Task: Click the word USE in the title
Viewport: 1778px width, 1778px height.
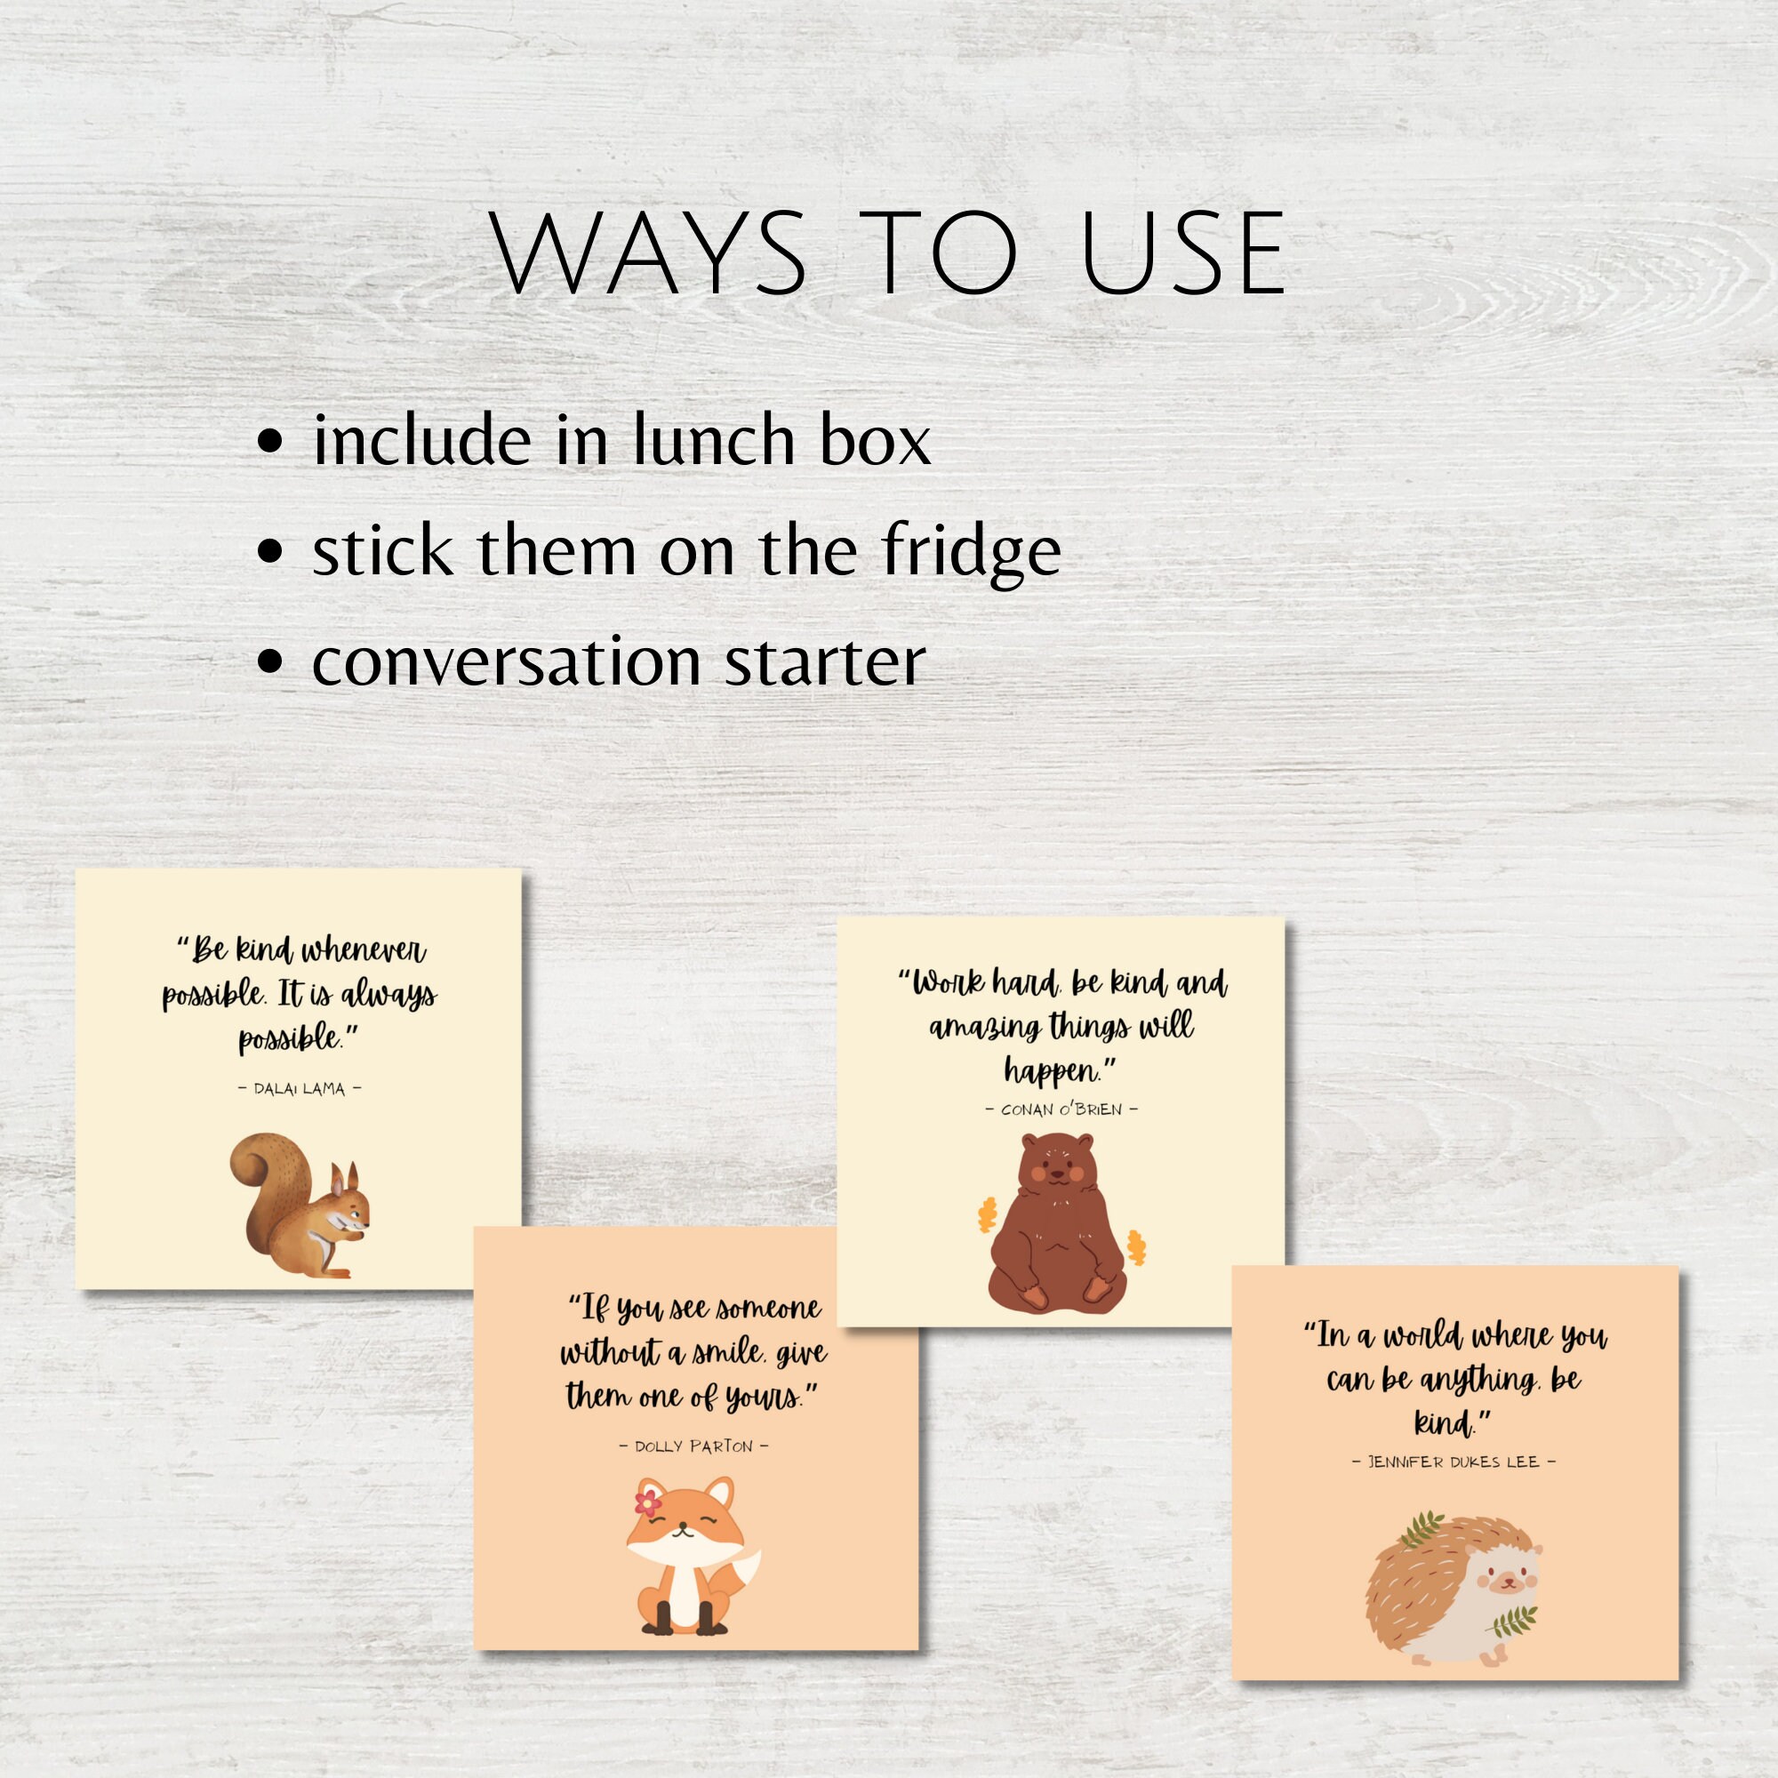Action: click(1183, 253)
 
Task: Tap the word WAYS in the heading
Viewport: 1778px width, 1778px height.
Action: click(650, 253)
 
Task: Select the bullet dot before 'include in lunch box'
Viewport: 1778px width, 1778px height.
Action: click(269, 441)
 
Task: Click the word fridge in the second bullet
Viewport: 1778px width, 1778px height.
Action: click(971, 552)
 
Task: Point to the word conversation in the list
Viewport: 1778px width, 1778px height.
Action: click(507, 662)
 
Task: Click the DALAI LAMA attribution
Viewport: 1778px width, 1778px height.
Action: click(299, 1089)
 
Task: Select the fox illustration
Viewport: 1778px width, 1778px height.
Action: click(691, 1555)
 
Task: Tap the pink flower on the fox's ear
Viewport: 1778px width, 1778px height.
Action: click(648, 1504)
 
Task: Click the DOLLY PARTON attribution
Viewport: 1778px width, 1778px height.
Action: click(694, 1446)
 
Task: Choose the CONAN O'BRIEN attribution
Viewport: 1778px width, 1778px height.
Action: click(1061, 1109)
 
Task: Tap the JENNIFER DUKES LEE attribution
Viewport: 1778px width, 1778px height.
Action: click(1454, 1462)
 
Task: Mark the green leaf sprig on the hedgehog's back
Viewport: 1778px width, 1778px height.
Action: click(1422, 1528)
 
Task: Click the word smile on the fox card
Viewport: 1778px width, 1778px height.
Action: click(728, 1353)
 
